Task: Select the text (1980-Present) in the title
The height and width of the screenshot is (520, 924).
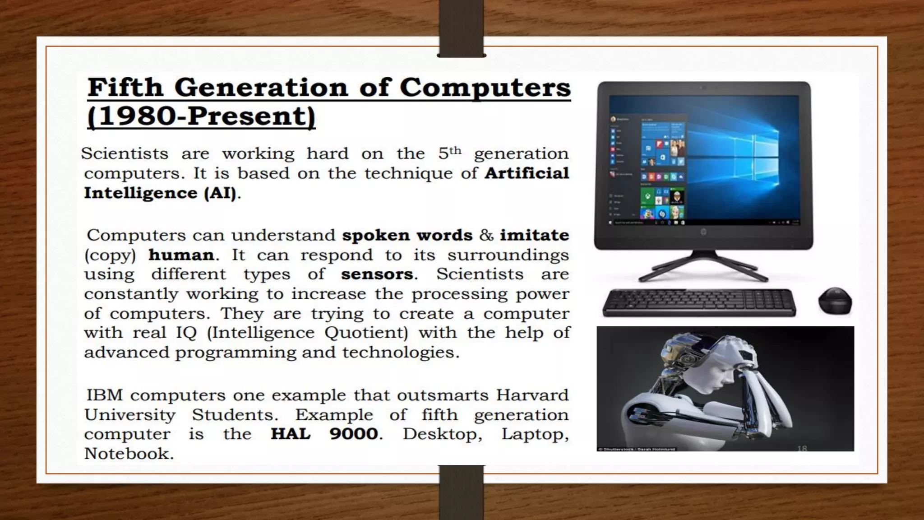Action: click(x=201, y=116)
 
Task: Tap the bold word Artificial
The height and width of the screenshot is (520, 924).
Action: click(x=527, y=173)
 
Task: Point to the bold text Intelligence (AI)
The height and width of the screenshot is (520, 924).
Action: click(x=160, y=193)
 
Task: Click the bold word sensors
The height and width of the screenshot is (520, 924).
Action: click(x=377, y=274)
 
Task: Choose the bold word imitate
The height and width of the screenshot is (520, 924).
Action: click(x=534, y=235)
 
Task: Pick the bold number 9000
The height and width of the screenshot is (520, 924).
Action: click(x=354, y=434)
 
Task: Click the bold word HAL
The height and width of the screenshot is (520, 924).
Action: click(x=291, y=434)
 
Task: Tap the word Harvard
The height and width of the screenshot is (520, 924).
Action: click(x=532, y=395)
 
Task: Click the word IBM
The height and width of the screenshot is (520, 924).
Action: click(x=104, y=395)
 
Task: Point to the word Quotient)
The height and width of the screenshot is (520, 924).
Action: click(x=366, y=333)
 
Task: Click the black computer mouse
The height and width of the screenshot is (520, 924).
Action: click(x=835, y=301)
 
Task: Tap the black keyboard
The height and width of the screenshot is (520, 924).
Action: click(x=699, y=302)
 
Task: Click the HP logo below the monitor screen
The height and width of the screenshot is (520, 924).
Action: click(x=703, y=232)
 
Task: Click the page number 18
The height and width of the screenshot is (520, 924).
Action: click(x=802, y=448)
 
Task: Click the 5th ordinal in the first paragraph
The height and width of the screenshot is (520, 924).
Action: click(x=450, y=153)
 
